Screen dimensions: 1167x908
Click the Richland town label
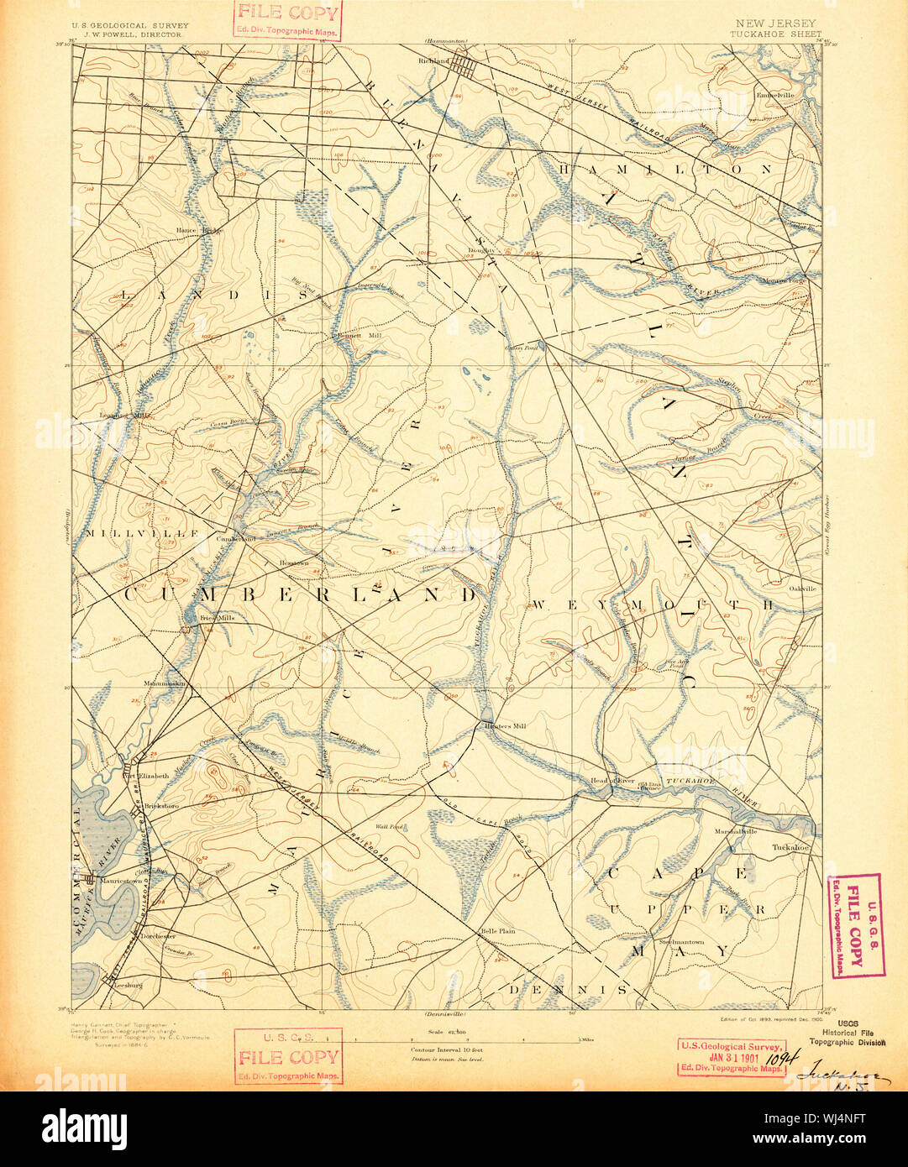(x=435, y=61)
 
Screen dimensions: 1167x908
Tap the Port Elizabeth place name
(x=147, y=776)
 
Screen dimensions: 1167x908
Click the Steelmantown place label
(x=680, y=942)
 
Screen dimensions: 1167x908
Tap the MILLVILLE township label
(x=140, y=533)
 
